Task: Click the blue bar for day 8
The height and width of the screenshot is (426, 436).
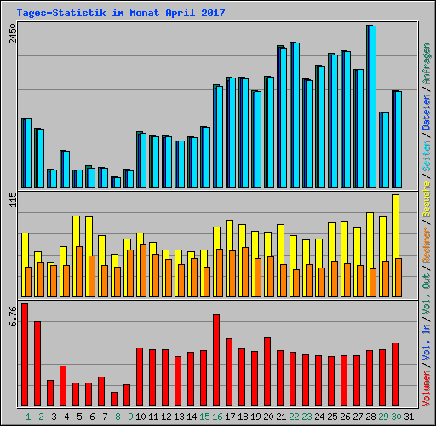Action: tap(116, 181)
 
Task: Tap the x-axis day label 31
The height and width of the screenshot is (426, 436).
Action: tap(409, 416)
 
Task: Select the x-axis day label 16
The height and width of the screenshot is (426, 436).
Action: tap(217, 416)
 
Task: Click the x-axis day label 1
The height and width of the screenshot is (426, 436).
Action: tap(27, 416)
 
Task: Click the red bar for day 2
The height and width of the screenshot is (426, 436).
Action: tap(37, 363)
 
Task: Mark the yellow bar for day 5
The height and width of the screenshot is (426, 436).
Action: tap(76, 230)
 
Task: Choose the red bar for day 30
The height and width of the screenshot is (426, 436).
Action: tap(395, 374)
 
